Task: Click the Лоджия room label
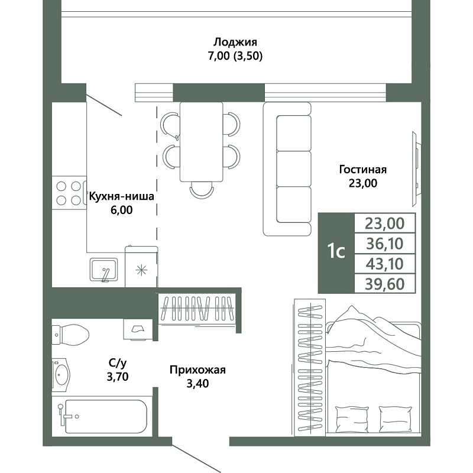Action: pyautogui.click(x=235, y=42)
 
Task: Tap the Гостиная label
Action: pyautogui.click(x=363, y=170)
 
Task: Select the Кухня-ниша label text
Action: pyautogui.click(x=121, y=196)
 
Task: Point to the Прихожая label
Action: pyautogui.click(x=197, y=370)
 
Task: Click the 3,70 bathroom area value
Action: pyautogui.click(x=118, y=377)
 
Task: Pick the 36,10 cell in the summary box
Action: pyautogui.click(x=385, y=244)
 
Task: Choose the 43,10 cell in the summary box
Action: pyautogui.click(x=385, y=264)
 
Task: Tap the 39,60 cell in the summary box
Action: pyautogui.click(x=385, y=284)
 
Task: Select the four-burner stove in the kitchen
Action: pyautogui.click(x=69, y=193)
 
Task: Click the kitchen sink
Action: pyautogui.click(x=103, y=270)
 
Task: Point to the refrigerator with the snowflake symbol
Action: pyautogui.click(x=141, y=267)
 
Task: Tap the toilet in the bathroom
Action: pyautogui.click(x=71, y=335)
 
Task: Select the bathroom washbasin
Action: pyautogui.click(x=61, y=375)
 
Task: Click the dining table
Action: pyautogui.click(x=201, y=142)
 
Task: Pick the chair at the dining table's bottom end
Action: pyautogui.click(x=202, y=190)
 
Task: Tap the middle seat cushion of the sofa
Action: pyautogui.click(x=294, y=169)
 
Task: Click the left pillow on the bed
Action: pyautogui.click(x=352, y=419)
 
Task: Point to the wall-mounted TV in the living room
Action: pyautogui.click(x=416, y=169)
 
